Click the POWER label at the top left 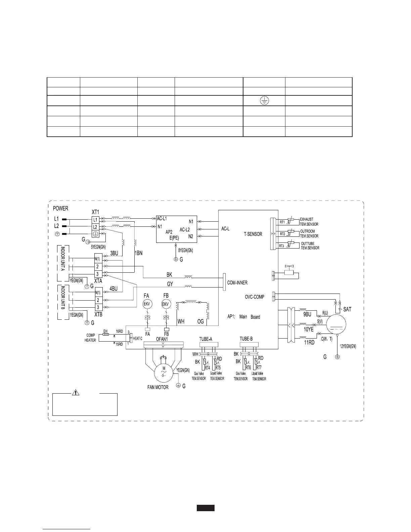tap(60, 208)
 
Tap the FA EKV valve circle tap(147, 304)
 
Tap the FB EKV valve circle tap(166, 304)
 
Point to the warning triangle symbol tap(77, 392)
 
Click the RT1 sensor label tap(282, 222)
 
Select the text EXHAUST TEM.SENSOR tap(309, 222)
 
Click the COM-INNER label tap(237, 283)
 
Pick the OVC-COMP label tap(255, 297)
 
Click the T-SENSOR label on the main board tap(253, 234)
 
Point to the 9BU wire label tap(307, 314)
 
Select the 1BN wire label tap(139, 254)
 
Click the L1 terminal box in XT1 tap(95, 220)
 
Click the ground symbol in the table tap(264, 100)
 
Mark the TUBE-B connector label tap(246, 339)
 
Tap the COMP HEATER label tap(90, 338)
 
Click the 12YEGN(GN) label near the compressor tap(348, 346)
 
